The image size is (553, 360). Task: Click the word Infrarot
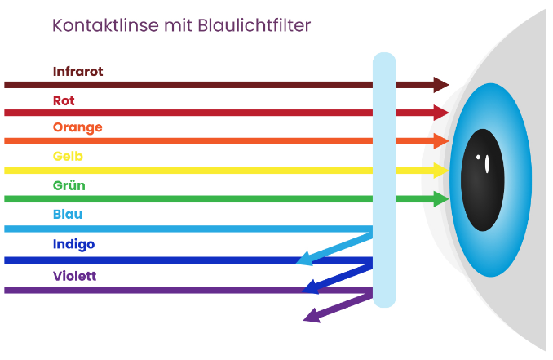coord(77,72)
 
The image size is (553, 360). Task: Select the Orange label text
coord(77,127)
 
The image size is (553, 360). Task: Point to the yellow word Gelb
coord(68,156)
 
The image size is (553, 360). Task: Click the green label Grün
coord(69,185)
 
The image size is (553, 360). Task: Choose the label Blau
coord(67,214)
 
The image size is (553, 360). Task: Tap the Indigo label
coord(73,244)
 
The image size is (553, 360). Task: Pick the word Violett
coord(74,276)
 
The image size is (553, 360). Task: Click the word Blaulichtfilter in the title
coord(254,25)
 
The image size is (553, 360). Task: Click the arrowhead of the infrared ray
coord(441,85)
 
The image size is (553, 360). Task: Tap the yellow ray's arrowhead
coord(440,171)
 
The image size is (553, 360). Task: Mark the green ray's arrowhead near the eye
coord(440,198)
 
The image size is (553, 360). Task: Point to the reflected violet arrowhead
coord(311,315)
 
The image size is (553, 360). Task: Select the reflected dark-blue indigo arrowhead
coord(310,287)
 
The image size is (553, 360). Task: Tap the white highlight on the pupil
coord(487,163)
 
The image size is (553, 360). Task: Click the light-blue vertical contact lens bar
coord(383,180)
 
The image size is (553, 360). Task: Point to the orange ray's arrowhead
coord(441,141)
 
